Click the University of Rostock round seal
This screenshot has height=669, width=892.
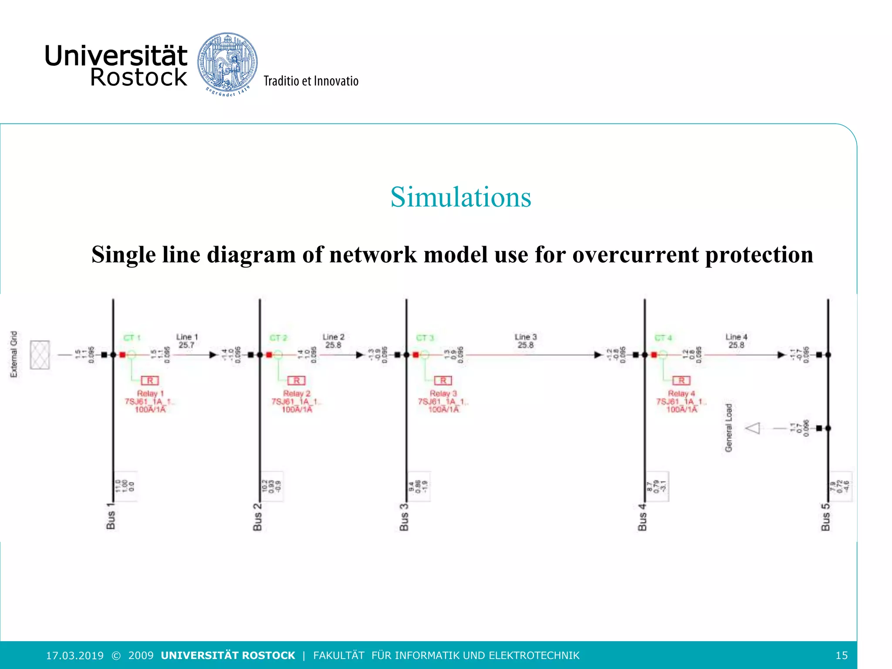click(x=227, y=64)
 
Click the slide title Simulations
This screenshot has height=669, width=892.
click(x=460, y=197)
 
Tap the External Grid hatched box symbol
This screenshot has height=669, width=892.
click(x=40, y=355)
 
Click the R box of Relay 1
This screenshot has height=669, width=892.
click(x=150, y=381)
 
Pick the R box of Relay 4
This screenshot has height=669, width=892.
click(x=681, y=381)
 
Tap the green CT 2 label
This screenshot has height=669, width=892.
click(x=278, y=338)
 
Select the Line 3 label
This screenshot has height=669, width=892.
click(x=525, y=337)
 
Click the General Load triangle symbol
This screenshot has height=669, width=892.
click(x=753, y=428)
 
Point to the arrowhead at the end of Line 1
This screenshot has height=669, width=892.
click(x=213, y=355)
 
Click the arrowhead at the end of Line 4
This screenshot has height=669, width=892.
click(x=781, y=355)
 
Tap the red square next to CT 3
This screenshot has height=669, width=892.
click(x=416, y=355)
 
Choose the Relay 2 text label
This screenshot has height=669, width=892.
click(x=297, y=393)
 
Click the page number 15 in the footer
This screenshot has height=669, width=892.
click(x=841, y=655)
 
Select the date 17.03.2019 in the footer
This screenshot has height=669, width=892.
click(x=75, y=655)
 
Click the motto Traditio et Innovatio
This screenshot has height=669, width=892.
click(x=311, y=81)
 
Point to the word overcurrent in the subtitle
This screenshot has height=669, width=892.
click(x=635, y=255)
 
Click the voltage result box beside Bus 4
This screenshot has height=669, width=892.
click(x=657, y=486)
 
